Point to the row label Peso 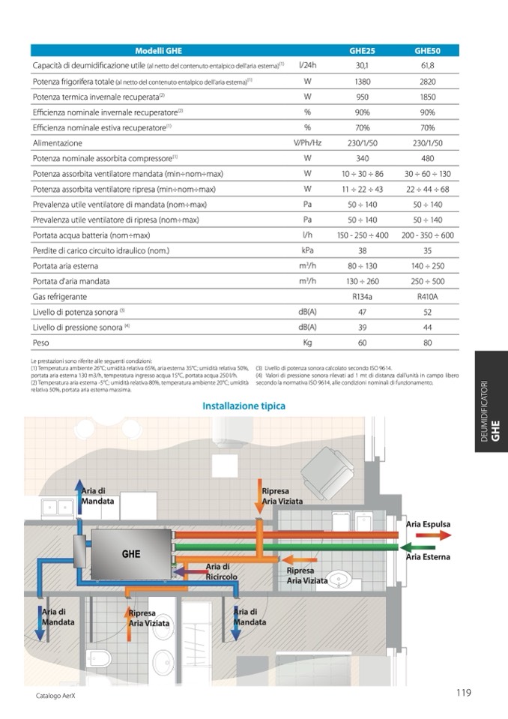40,343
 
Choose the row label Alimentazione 57,143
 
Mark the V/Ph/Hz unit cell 307,143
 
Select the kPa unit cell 307,250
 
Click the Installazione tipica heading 244,406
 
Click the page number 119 463,693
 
